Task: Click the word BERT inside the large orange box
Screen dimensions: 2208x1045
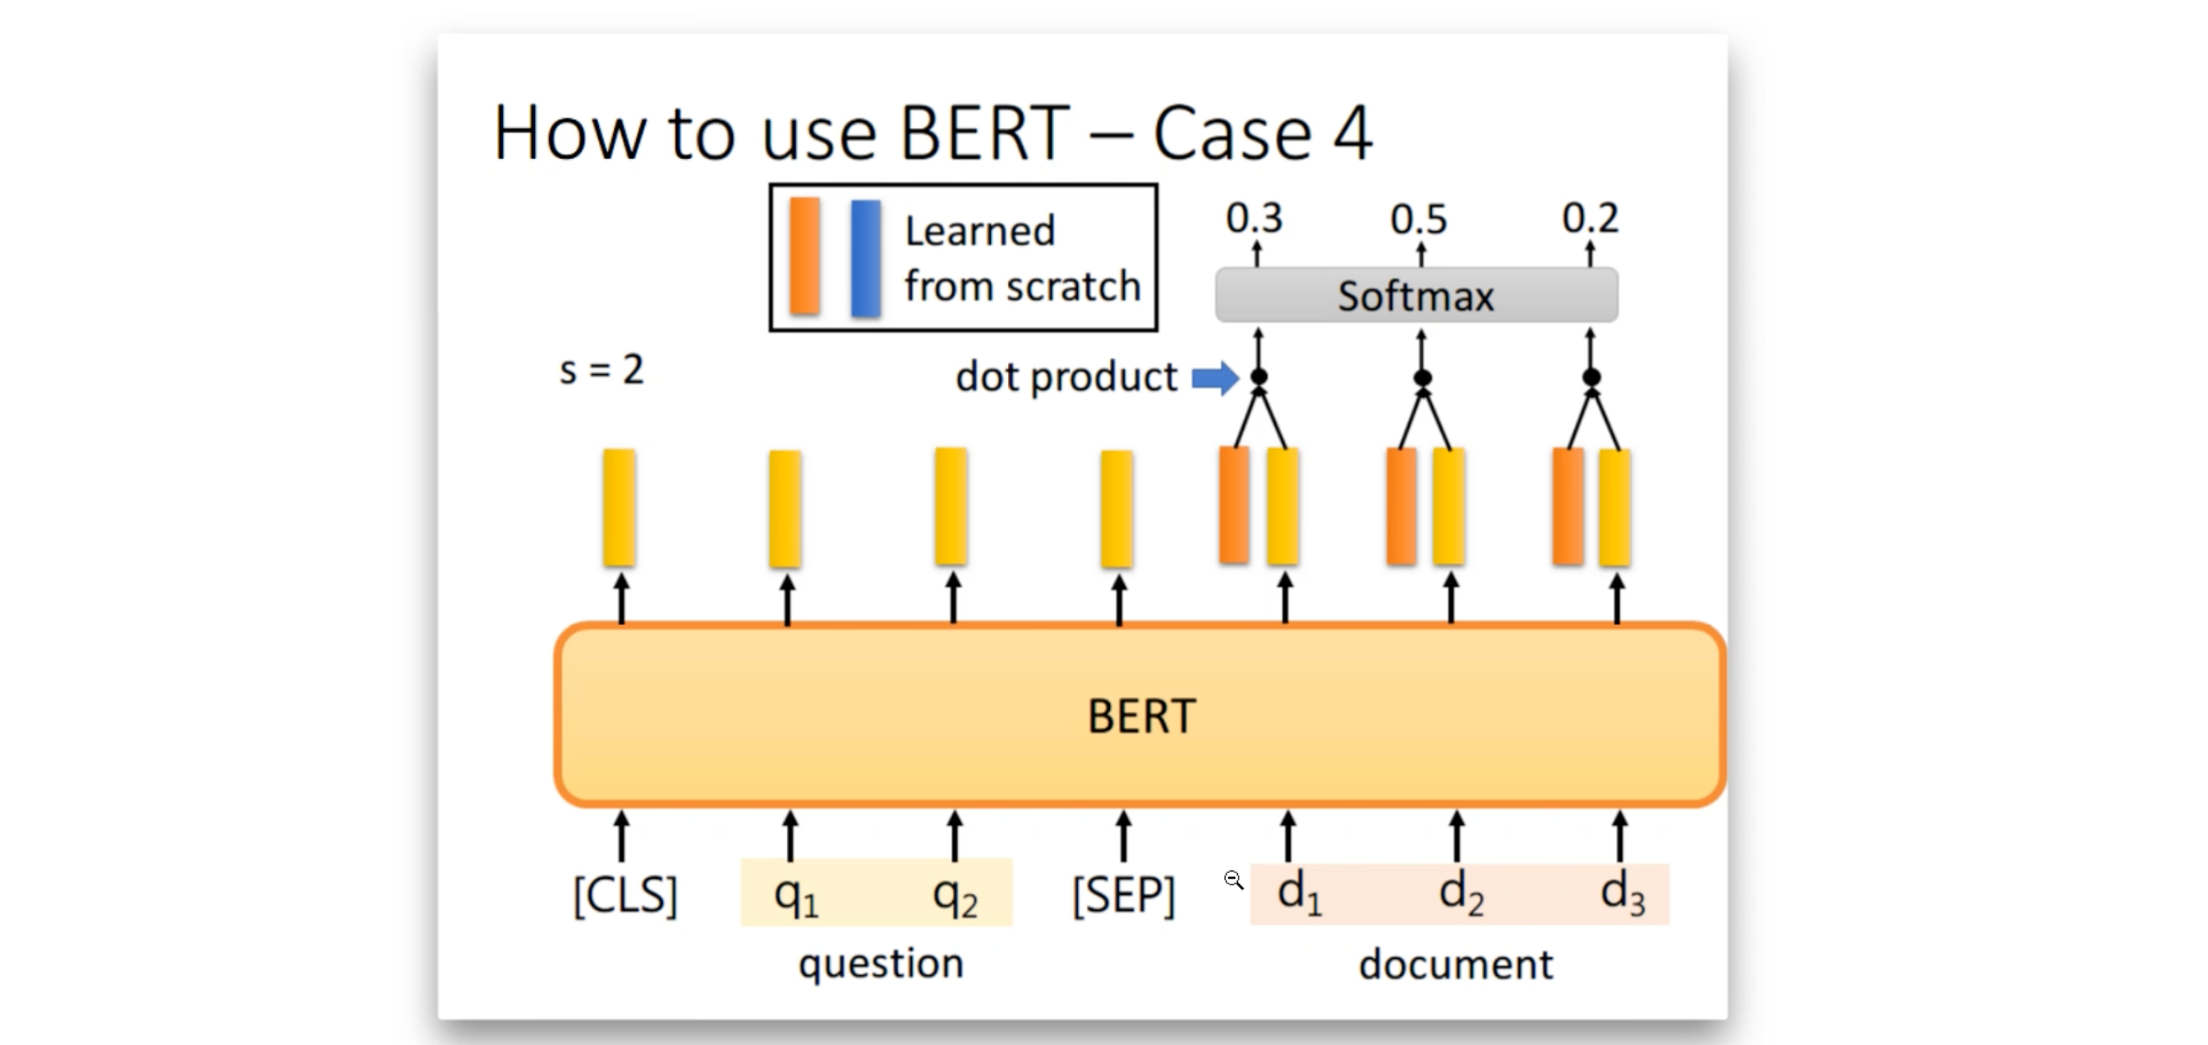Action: (1141, 716)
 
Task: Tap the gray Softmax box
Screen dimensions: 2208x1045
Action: (1416, 295)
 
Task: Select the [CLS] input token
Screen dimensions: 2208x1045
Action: (625, 896)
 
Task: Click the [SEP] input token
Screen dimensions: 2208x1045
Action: (1123, 896)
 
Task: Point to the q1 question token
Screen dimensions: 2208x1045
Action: (795, 896)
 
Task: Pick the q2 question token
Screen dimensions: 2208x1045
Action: (955, 896)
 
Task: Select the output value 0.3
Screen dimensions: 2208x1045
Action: (1254, 218)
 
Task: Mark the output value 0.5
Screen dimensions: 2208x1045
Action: (1418, 218)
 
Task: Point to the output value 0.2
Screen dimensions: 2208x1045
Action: (1590, 218)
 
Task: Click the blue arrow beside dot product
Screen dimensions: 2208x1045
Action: (1215, 377)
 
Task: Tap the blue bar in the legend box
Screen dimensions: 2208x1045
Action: (866, 257)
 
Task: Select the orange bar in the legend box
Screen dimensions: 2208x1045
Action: (804, 256)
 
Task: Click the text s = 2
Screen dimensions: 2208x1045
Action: (602, 370)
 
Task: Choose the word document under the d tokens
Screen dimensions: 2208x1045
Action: (1455, 964)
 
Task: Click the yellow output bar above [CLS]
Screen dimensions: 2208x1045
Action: (620, 508)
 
